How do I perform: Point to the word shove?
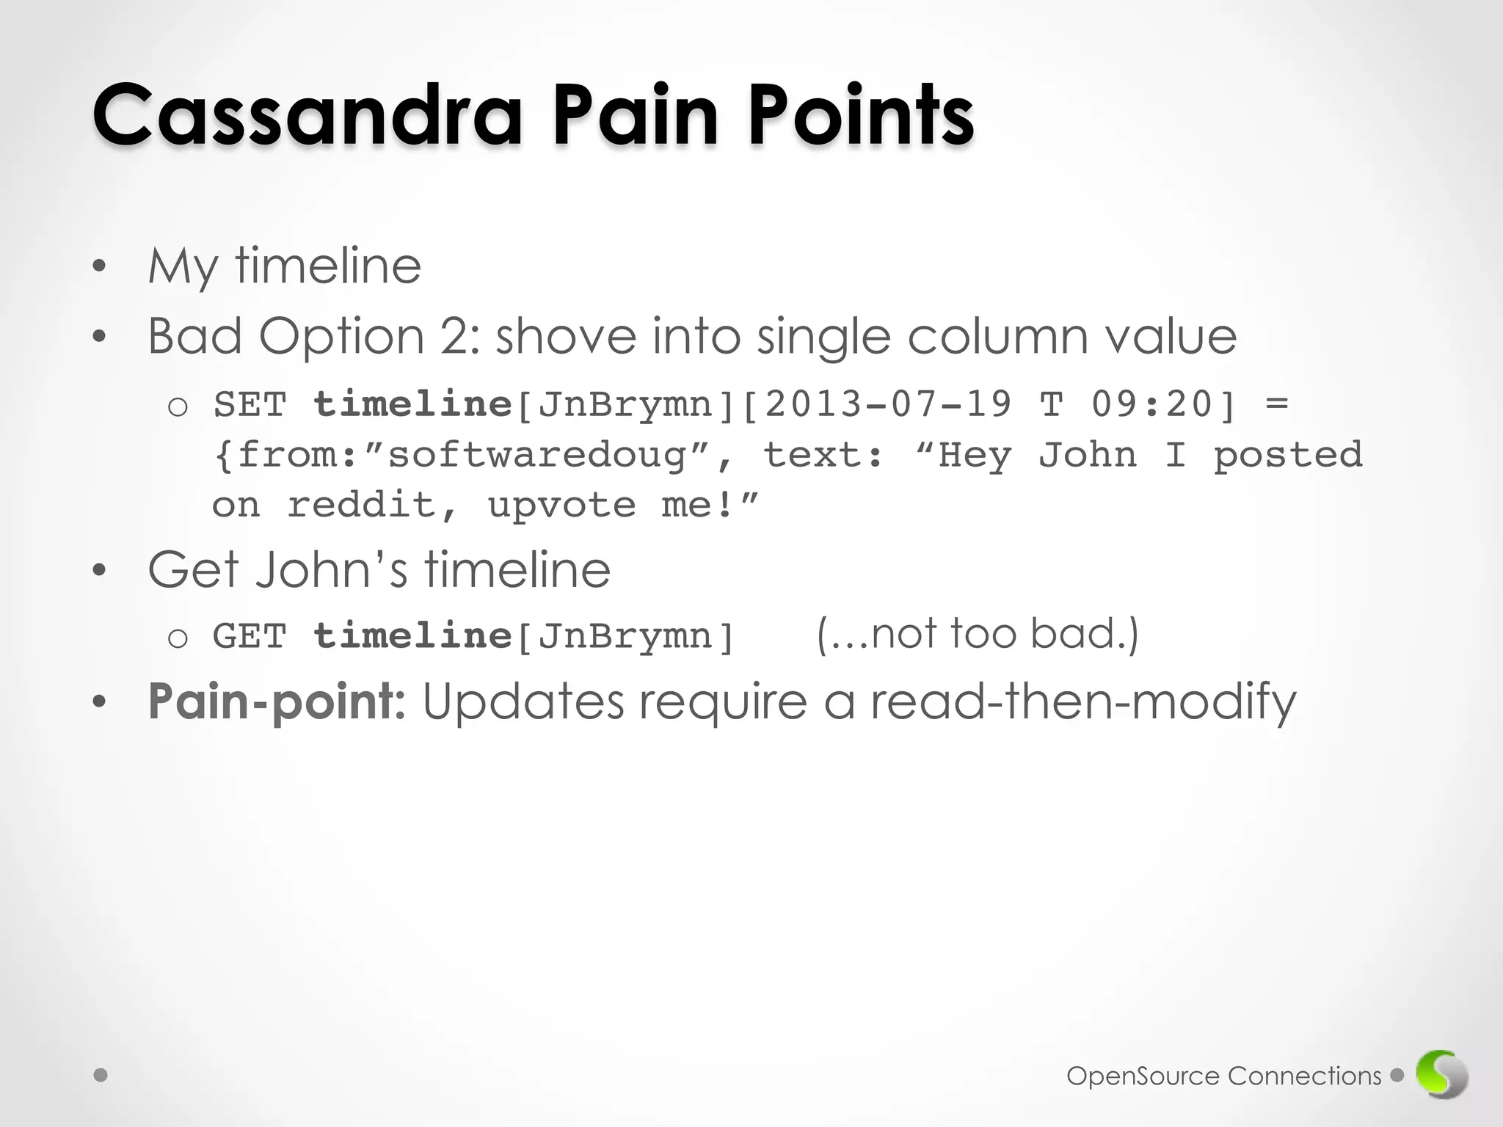(566, 337)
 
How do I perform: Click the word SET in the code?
(250, 405)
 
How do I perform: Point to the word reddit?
(362, 506)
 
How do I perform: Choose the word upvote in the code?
(561, 506)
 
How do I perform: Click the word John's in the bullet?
(330, 570)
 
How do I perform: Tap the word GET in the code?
(250, 636)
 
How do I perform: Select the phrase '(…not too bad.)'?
(978, 634)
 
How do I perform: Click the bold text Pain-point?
(276, 701)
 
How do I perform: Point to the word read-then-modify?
(1083, 701)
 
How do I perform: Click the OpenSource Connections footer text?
(1223, 1076)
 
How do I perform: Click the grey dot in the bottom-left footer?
(101, 1076)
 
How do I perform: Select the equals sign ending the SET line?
(1278, 404)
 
